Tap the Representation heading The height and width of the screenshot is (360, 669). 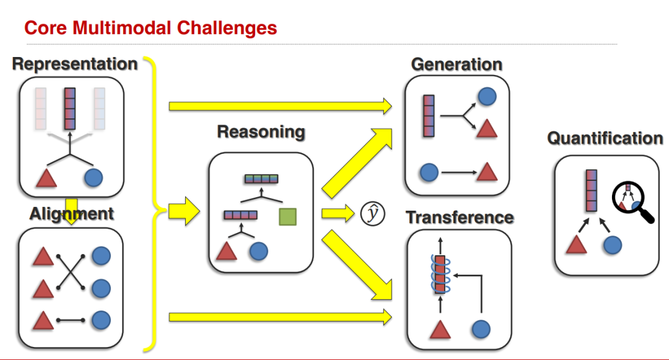pyautogui.click(x=75, y=64)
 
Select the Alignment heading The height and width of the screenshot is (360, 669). pyautogui.click(x=72, y=214)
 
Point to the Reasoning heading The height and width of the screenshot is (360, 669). pyautogui.click(x=261, y=132)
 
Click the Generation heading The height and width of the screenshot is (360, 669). pyautogui.click(x=457, y=64)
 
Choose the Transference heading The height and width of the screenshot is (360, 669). pyautogui.click(x=460, y=217)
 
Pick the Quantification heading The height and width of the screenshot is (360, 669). pyautogui.click(x=605, y=138)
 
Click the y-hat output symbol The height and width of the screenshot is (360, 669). pyautogui.click(x=372, y=214)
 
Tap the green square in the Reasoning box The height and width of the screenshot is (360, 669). pyautogui.click(x=287, y=217)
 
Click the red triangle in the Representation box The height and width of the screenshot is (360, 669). pyautogui.click(x=46, y=177)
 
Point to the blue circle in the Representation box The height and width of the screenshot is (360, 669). pyautogui.click(x=94, y=177)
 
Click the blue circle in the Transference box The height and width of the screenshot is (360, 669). pyautogui.click(x=481, y=329)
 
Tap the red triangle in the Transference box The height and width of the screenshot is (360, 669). pyautogui.click(x=440, y=330)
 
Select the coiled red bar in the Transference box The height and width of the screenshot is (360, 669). pyautogui.click(x=440, y=274)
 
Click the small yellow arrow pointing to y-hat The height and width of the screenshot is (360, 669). pyautogui.click(x=338, y=213)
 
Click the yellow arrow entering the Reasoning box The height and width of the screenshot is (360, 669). pyautogui.click(x=184, y=211)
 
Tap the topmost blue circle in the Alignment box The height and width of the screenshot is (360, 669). pyautogui.click(x=101, y=256)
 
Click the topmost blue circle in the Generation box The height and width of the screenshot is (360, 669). pyautogui.click(x=488, y=97)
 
